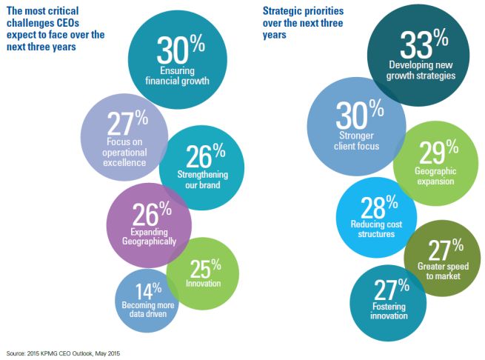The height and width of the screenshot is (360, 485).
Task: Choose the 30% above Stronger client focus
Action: (355, 113)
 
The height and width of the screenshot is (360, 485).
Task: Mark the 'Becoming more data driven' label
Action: (146, 309)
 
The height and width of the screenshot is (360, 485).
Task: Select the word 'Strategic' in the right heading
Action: (282, 11)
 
